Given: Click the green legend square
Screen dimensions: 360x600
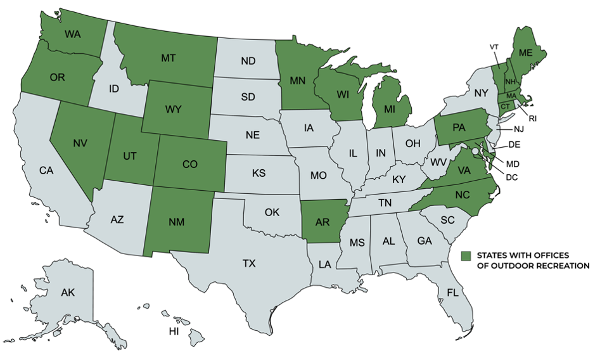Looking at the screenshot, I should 466,255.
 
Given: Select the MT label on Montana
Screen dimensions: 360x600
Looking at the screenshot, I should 168,58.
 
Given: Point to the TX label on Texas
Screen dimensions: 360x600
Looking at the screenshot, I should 249,263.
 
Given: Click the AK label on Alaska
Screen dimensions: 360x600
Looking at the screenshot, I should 68,293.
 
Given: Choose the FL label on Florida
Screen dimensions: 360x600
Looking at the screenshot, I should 452,293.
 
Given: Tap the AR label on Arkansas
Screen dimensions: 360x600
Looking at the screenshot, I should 321,222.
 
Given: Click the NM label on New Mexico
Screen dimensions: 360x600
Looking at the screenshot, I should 177,222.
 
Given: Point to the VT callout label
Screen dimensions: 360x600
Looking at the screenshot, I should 494,47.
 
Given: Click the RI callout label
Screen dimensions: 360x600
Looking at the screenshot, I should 533,118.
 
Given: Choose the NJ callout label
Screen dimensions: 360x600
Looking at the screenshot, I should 519,129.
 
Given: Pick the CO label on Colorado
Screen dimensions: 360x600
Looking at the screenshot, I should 190,164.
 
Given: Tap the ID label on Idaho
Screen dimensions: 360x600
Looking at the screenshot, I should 114,89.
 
